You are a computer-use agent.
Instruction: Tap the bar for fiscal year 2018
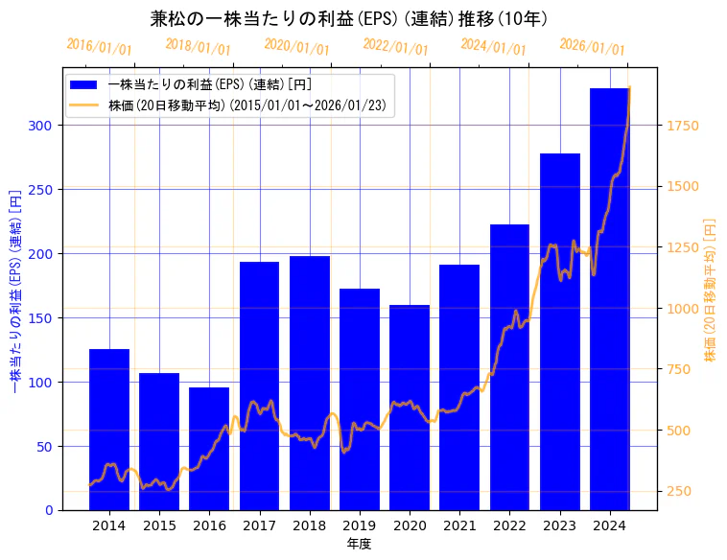310,384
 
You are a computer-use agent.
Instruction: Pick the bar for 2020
410,408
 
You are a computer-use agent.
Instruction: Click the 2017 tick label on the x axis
259,525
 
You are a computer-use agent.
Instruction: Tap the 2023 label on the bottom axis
559,525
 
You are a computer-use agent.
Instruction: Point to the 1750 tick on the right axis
687,126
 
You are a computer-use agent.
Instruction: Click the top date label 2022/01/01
396,47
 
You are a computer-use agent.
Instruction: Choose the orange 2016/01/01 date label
100,47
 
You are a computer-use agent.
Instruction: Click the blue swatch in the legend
84,84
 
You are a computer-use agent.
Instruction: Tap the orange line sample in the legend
84,105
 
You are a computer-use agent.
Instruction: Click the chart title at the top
349,18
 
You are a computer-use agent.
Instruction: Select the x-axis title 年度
359,544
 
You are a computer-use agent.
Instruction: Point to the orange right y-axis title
711,288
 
